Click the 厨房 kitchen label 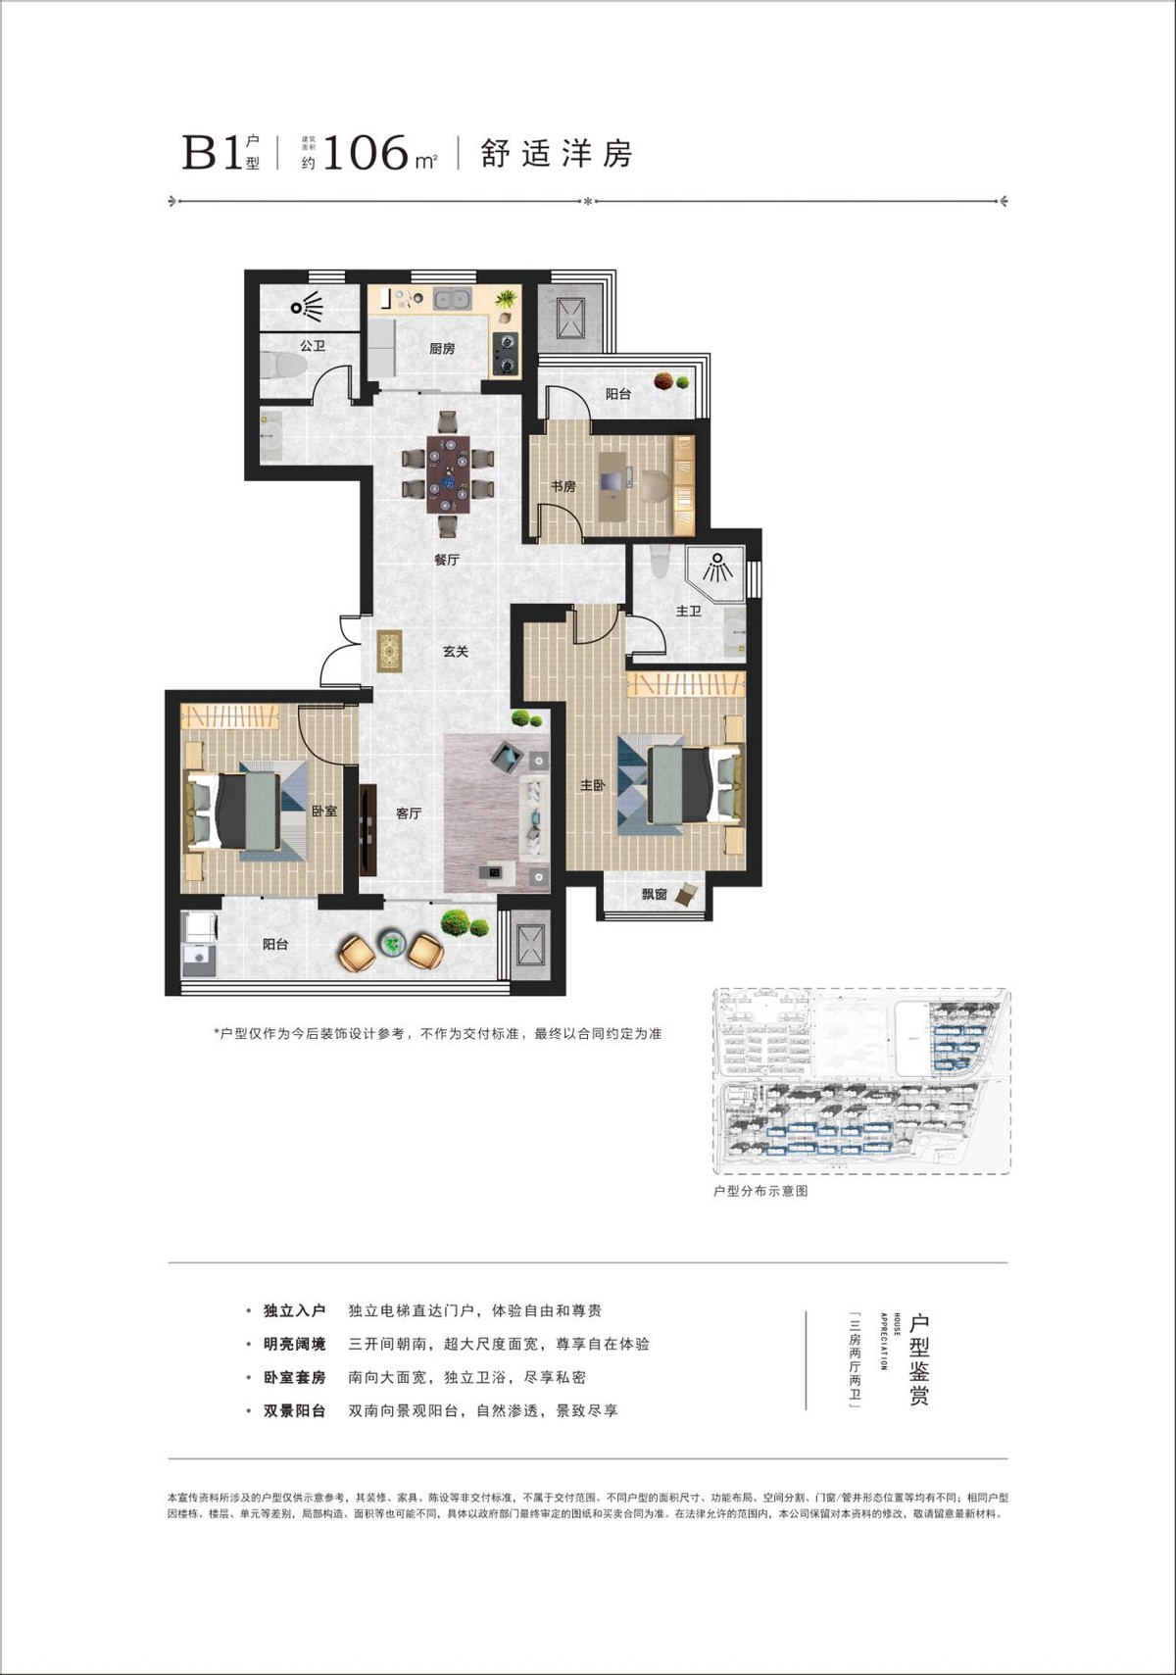click(442, 349)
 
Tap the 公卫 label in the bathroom click(312, 346)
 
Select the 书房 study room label click(563, 486)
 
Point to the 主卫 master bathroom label click(688, 612)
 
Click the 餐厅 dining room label click(447, 561)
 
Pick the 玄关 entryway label click(455, 652)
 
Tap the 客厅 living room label click(409, 813)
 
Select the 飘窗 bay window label click(654, 894)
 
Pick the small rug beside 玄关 click(390, 652)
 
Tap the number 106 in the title click(365, 154)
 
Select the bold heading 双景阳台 click(294, 1411)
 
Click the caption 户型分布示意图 click(760, 1191)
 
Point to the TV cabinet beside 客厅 click(367, 831)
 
